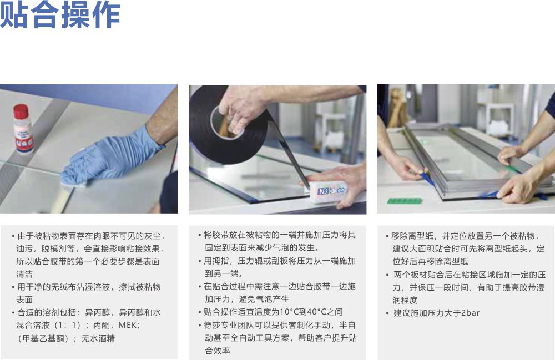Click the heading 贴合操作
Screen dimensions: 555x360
[x=60, y=14]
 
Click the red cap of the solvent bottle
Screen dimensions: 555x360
[x=21, y=111]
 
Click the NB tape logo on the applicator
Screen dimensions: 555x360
[x=331, y=191]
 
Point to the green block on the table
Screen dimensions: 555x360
[x=404, y=201]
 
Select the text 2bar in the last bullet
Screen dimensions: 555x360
[x=471, y=313]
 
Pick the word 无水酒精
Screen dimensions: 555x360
[x=98, y=338]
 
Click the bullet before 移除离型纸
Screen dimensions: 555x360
[x=387, y=236]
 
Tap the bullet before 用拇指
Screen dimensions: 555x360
[x=200, y=261]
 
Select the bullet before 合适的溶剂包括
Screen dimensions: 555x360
[x=13, y=313]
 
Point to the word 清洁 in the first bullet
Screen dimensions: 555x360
[x=24, y=274]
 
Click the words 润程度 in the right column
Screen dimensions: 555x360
[x=405, y=300]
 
